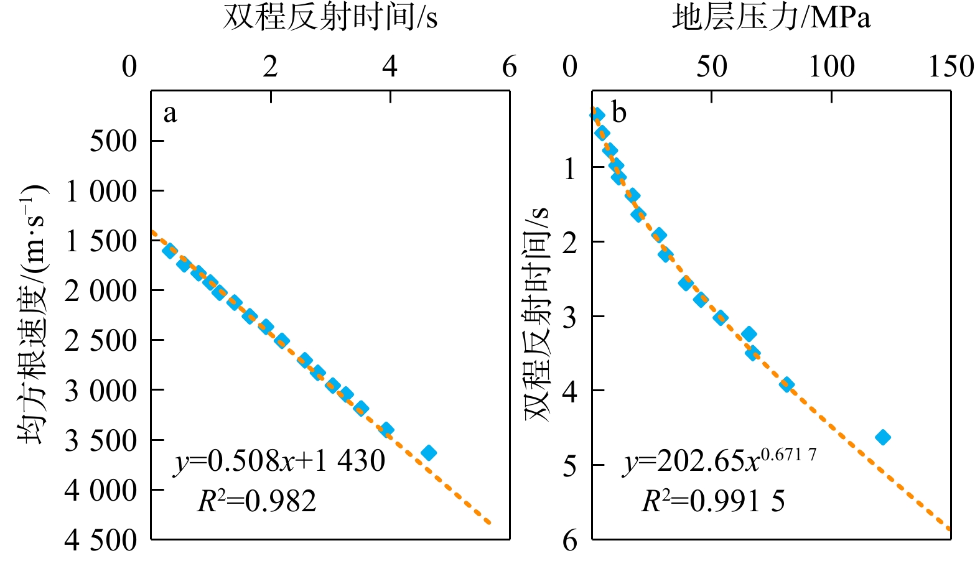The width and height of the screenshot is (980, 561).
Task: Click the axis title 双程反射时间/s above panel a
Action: point(330,17)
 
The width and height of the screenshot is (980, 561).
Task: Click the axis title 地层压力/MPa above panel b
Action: point(771,17)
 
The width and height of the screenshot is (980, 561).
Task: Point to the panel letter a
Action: point(170,114)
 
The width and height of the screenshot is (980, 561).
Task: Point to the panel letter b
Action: point(619,113)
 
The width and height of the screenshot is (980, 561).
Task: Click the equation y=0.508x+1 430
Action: point(279,461)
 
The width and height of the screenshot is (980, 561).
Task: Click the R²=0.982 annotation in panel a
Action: point(257,501)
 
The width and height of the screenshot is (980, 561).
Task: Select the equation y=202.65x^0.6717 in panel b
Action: point(719,461)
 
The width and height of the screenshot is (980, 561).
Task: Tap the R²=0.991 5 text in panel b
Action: point(713,501)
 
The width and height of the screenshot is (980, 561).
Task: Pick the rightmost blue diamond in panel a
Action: point(428,453)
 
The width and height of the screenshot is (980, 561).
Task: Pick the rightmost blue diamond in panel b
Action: point(882,437)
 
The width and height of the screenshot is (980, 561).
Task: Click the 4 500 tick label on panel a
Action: point(101,540)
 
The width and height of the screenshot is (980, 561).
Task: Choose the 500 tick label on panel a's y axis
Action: point(113,141)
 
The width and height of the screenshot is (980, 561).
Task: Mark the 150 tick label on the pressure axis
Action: point(951,67)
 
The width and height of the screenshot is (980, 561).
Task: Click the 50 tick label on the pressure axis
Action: point(711,67)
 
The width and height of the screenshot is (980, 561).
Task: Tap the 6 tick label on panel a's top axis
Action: point(510,67)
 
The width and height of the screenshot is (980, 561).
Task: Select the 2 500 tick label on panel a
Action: point(101,340)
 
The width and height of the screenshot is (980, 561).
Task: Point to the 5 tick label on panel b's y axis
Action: point(570,465)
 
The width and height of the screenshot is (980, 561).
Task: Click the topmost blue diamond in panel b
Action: point(597,114)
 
